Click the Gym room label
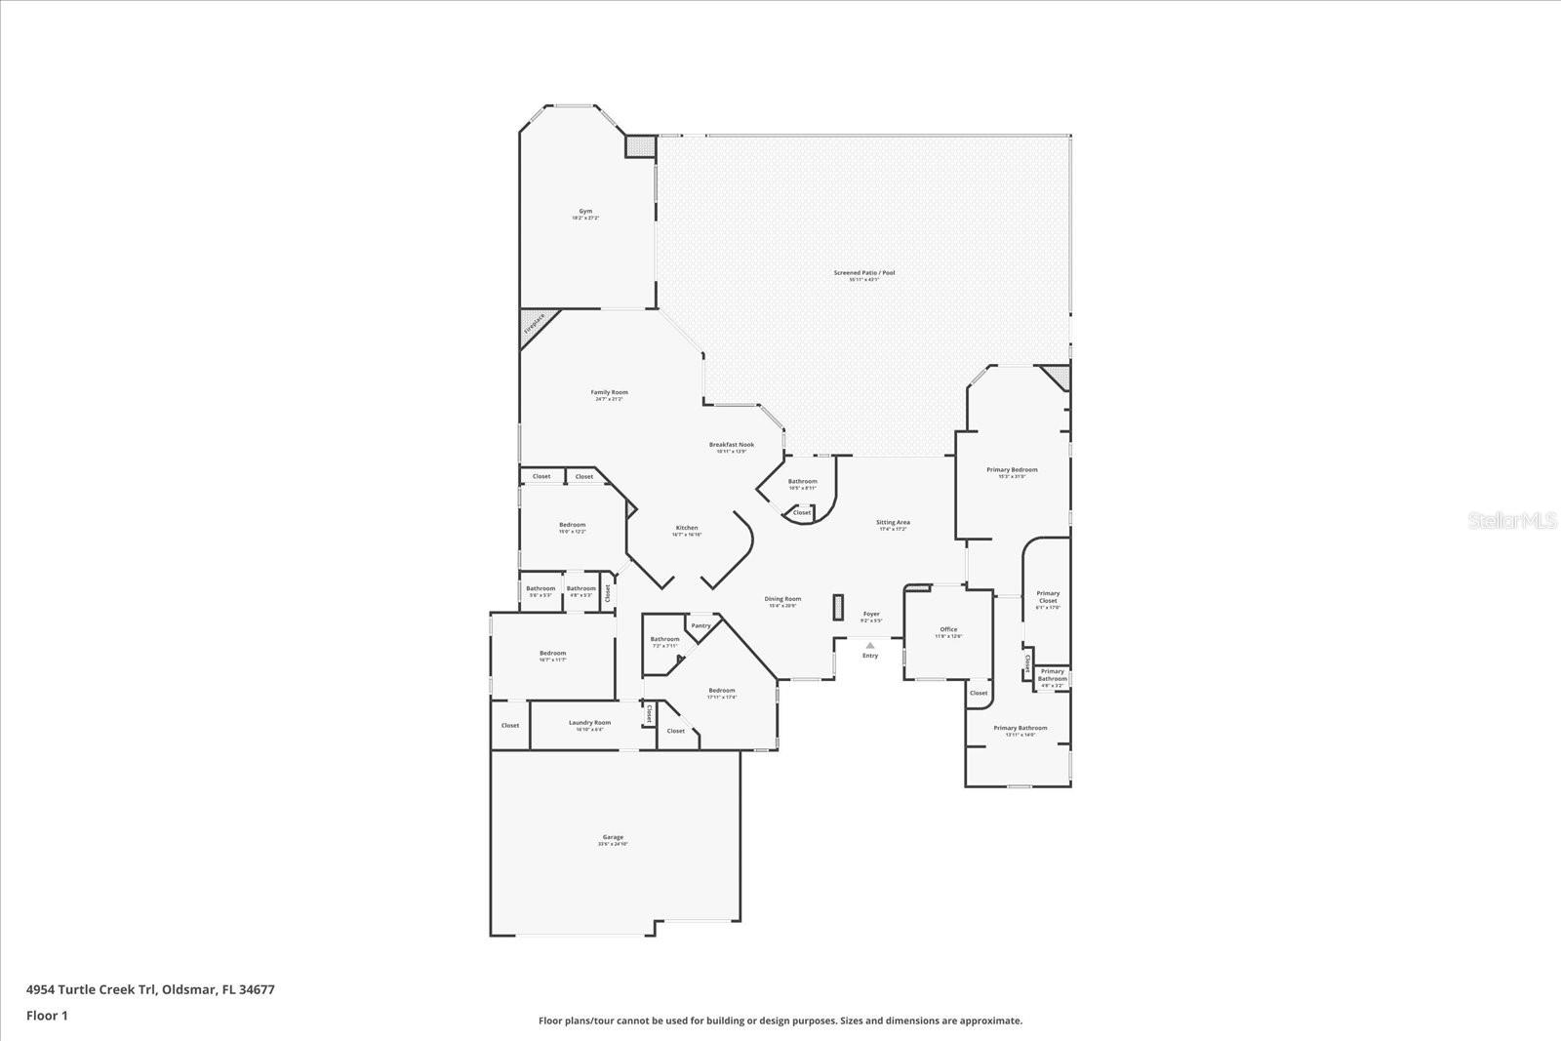(x=585, y=212)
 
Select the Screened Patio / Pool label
(x=863, y=273)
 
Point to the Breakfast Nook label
(x=731, y=445)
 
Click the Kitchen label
(x=687, y=529)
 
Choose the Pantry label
(x=700, y=625)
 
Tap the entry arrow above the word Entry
(x=870, y=645)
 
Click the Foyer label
(x=871, y=615)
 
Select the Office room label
(x=948, y=630)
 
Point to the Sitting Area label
(x=893, y=523)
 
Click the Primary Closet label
(x=1048, y=597)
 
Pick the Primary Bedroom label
(x=1012, y=470)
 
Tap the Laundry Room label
(x=589, y=723)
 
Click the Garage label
(x=613, y=837)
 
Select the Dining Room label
(x=782, y=599)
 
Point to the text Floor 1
(x=47, y=1016)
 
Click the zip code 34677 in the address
(x=258, y=989)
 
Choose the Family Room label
(x=609, y=393)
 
